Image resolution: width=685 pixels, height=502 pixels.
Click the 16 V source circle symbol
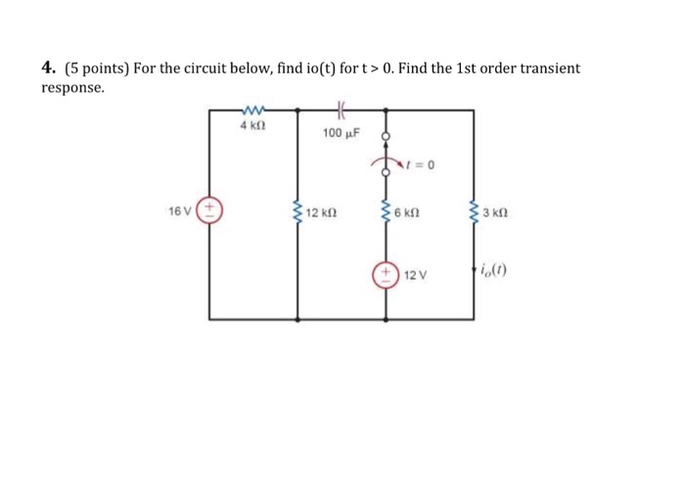(209, 211)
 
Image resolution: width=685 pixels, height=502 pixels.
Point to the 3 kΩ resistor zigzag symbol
(475, 211)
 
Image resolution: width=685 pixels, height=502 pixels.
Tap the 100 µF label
(342, 132)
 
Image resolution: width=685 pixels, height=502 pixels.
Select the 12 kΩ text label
(320, 212)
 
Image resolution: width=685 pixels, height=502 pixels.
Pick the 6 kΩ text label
(406, 212)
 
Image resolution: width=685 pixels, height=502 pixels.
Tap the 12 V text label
(417, 277)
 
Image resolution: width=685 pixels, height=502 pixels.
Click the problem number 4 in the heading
(47, 68)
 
